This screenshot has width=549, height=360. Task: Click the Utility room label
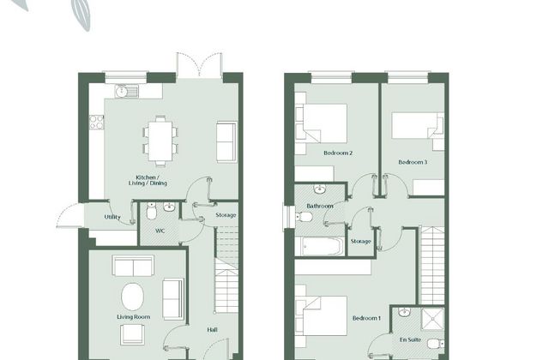tap(112, 217)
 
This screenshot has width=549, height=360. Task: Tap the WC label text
tap(160, 231)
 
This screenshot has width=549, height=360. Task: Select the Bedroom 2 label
tap(338, 153)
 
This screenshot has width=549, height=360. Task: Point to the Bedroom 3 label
tap(413, 162)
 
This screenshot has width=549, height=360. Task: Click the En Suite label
tap(410, 339)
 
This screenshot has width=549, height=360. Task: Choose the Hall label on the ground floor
tap(212, 329)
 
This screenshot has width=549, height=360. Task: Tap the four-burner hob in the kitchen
tap(96, 122)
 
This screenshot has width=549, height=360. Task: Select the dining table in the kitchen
tap(160, 141)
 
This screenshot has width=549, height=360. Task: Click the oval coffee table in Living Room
tap(132, 297)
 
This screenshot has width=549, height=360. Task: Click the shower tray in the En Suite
tap(432, 319)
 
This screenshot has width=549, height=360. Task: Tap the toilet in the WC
tap(151, 211)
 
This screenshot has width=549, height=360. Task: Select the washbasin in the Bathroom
tap(319, 189)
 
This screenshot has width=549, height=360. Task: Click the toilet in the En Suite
tap(436, 344)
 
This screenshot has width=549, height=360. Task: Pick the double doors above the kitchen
tap(199, 64)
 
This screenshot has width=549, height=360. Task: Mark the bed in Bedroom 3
tap(418, 126)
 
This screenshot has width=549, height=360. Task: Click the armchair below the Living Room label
tap(132, 334)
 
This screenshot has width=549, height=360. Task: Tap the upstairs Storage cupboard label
tap(360, 242)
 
